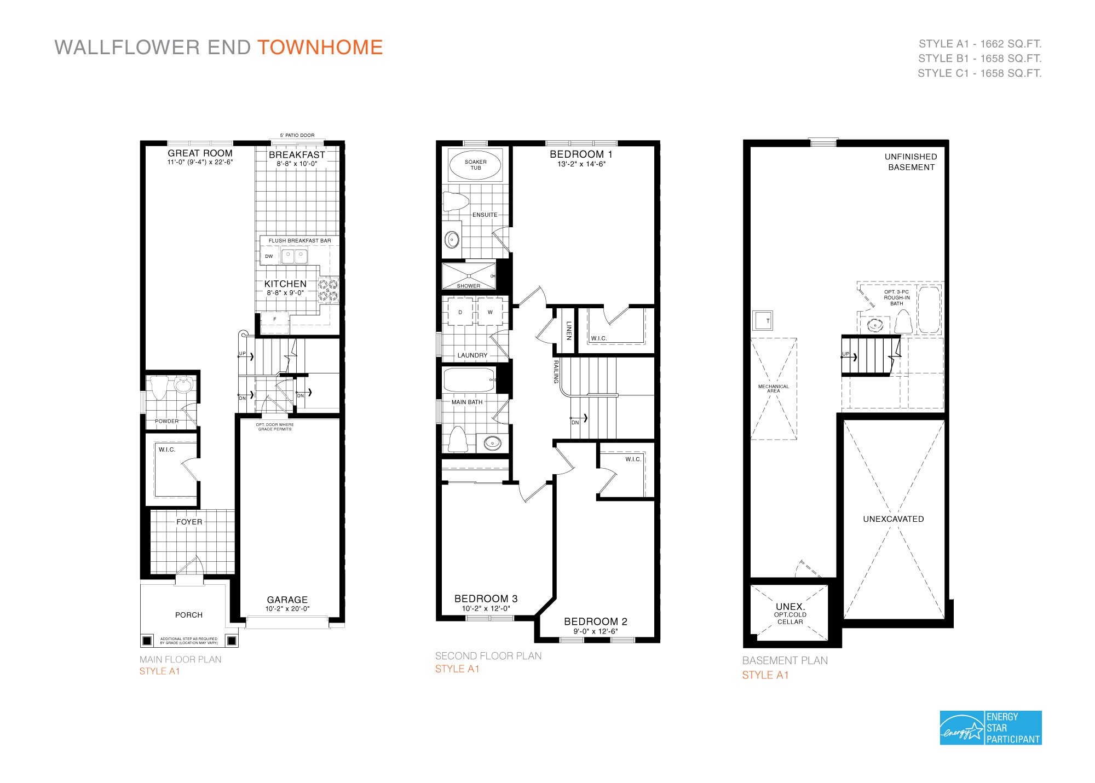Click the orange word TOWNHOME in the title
[320, 48]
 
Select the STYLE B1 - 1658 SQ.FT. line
[979, 59]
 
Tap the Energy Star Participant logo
[990, 728]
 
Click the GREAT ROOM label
[200, 153]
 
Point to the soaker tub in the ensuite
[475, 165]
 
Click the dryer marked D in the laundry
[460, 312]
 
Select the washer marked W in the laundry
[490, 312]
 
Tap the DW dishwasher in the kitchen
[269, 256]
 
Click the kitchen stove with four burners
[328, 290]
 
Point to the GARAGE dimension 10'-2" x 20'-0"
[287, 608]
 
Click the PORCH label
[189, 615]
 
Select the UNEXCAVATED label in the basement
[893, 519]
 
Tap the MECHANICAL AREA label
[773, 388]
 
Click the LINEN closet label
[569, 330]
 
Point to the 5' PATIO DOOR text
[297, 135]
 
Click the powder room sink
[183, 385]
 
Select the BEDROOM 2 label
[595, 621]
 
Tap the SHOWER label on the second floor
[469, 286]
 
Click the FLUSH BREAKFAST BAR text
[299, 240]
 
